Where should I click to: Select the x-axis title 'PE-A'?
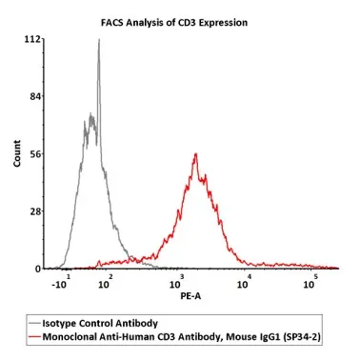click(190, 296)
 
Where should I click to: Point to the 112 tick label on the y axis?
click(32, 40)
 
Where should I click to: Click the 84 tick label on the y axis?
click(34, 97)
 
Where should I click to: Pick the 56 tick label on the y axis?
click(34, 154)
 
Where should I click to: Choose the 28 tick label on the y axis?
click(34, 211)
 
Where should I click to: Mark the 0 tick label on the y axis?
click(37, 269)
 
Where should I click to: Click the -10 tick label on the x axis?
click(58, 285)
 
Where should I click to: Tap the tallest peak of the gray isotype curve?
click(98, 40)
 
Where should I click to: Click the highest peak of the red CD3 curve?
click(195, 154)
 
